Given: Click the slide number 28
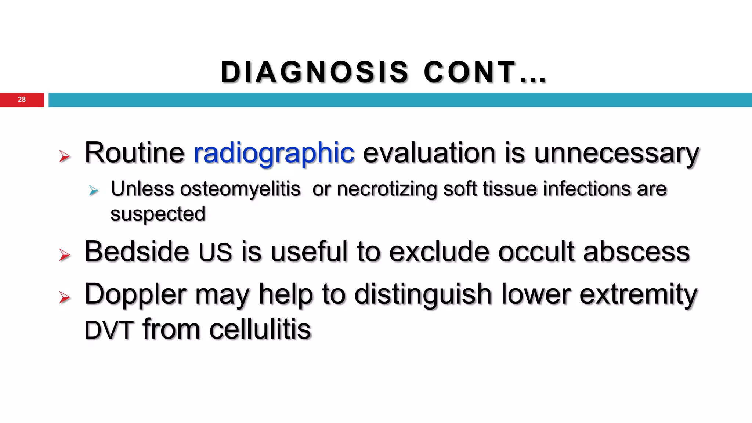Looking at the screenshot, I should [22, 100].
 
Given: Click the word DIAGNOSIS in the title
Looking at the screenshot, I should [314, 72].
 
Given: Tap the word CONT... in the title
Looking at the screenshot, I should [485, 72].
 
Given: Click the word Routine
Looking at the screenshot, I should [134, 153].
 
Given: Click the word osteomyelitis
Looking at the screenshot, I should [240, 189].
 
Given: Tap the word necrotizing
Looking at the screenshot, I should [387, 189].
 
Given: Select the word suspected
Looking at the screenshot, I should [158, 214].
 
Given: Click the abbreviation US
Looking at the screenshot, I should [215, 253].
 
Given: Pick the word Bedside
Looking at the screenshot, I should [137, 252].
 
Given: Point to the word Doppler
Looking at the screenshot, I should [135, 295].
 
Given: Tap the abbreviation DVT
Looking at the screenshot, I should [109, 330].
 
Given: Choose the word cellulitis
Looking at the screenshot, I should [260, 329].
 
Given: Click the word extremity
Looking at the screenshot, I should [638, 295].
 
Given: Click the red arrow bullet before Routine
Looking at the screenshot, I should [65, 156].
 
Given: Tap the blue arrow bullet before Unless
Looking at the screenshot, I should [94, 191].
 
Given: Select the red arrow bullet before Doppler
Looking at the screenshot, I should [65, 297].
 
